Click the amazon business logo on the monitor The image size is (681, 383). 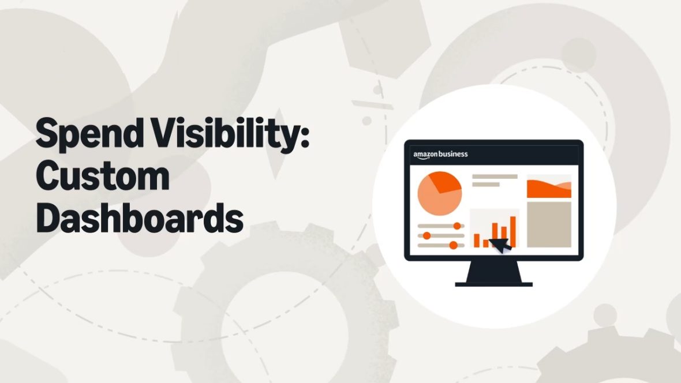pyautogui.click(x=440, y=154)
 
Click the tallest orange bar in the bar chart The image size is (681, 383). pyautogui.click(x=513, y=231)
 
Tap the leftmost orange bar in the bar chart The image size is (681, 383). pyautogui.click(x=477, y=241)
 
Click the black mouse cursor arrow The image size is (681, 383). pyautogui.click(x=500, y=245)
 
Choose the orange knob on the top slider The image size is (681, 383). pyautogui.click(x=457, y=226)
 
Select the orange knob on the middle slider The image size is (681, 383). pyautogui.click(x=426, y=235)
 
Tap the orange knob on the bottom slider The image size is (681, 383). pyautogui.click(x=453, y=245)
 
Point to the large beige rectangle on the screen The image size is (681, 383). pyautogui.click(x=549, y=224)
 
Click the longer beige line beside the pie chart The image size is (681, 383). pyautogui.click(x=495, y=177)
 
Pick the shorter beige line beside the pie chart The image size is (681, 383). pyautogui.click(x=486, y=185)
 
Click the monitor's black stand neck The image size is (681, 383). pyautogui.click(x=493, y=271)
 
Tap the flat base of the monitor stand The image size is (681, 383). pyautogui.click(x=493, y=284)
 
